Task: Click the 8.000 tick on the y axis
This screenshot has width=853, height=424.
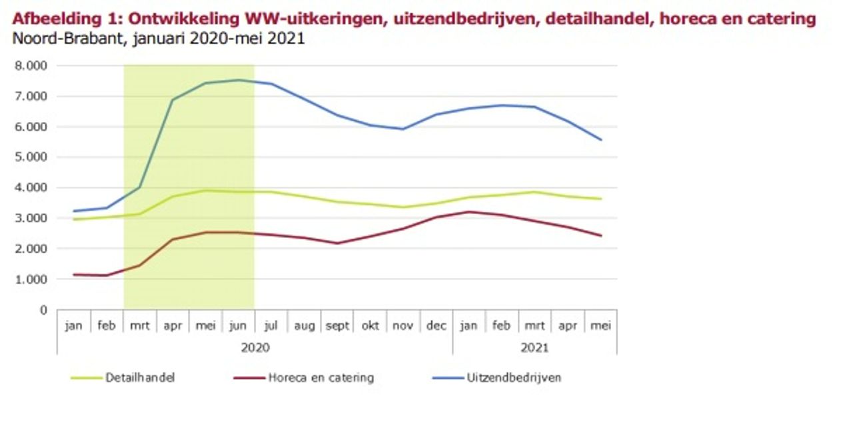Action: [x=31, y=66]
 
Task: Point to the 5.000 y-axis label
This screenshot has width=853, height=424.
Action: [x=31, y=157]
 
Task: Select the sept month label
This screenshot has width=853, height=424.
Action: [x=337, y=327]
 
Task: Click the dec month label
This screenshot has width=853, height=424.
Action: [x=436, y=327]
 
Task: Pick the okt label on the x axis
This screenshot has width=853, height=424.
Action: [x=370, y=327]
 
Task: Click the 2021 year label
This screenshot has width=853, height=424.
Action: [x=534, y=347]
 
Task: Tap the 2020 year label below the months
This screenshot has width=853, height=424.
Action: [x=255, y=347]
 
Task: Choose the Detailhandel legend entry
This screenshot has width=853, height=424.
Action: [x=140, y=378]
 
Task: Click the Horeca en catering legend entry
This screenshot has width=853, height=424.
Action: [x=321, y=378]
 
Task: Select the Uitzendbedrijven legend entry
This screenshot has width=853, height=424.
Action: [x=514, y=378]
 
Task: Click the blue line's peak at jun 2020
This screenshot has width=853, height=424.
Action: [x=239, y=80]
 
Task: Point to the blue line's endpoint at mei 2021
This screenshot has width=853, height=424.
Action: [x=601, y=139]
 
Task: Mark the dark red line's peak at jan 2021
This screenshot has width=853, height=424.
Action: [x=469, y=212]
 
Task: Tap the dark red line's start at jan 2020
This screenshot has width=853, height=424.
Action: [x=74, y=274]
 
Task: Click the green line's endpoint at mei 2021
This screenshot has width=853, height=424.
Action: [x=601, y=199]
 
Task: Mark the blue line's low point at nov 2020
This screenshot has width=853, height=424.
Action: [x=403, y=129]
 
